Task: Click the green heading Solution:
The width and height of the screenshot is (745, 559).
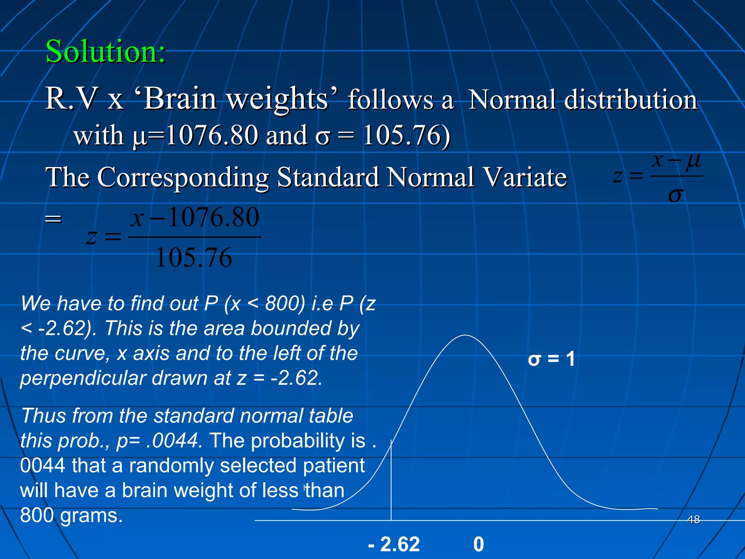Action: coord(105,52)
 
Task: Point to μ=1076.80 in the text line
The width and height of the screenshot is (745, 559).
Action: coord(196,135)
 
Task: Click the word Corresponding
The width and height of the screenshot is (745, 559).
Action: coord(183,178)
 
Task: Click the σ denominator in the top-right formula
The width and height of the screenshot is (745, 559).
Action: coord(676,195)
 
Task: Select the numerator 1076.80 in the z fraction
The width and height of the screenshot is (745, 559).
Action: coord(214,217)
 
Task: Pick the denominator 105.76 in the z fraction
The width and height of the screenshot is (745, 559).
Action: coord(194,258)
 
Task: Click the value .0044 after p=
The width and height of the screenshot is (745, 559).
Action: coord(174,440)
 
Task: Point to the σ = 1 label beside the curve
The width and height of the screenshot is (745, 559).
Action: coord(551,359)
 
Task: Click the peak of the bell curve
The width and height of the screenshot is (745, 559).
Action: coord(465,336)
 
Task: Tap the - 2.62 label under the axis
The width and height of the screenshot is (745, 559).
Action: coord(394,544)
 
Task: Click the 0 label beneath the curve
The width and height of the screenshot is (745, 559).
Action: coord(479,544)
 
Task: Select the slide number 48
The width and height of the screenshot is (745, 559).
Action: coord(694,519)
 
